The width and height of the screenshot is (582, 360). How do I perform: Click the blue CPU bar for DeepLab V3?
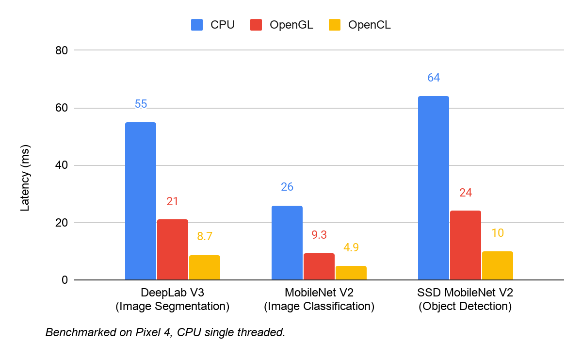pos(141,201)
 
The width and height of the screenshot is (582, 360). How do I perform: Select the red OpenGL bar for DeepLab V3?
pos(172,249)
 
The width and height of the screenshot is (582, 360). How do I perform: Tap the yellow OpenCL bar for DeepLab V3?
pos(204,267)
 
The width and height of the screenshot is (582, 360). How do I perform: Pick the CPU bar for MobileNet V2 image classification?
pos(287,243)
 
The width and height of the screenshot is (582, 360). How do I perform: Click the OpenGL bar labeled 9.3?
pos(319,266)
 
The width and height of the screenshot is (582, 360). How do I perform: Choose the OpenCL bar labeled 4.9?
pos(351,273)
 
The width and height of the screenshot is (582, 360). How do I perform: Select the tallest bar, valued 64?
pos(433,188)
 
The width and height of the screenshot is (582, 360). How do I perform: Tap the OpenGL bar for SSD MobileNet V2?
pos(465,245)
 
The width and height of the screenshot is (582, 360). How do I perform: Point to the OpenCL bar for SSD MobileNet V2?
pos(497,265)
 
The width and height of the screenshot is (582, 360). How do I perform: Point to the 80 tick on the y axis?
pos(62,50)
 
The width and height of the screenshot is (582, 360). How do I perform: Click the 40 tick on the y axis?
pos(62,165)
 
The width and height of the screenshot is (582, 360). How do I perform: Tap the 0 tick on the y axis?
pos(64,280)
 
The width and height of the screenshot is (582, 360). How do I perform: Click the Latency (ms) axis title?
pos(25,178)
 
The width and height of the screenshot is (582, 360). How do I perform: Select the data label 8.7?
pos(204,237)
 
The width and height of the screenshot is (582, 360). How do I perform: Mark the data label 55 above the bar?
pos(141,104)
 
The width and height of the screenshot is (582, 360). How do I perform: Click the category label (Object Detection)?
pos(465,307)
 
